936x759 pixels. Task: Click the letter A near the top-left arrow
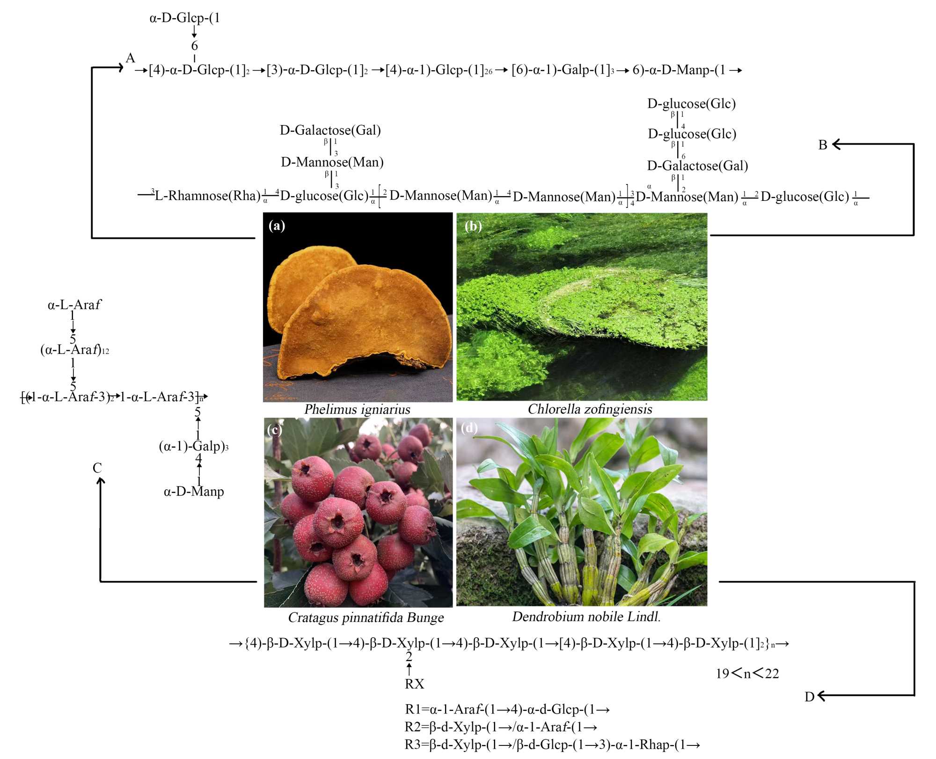pos(130,58)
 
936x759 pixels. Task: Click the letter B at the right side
pos(822,145)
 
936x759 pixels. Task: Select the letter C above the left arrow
pos(97,468)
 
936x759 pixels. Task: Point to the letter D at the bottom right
pos(809,697)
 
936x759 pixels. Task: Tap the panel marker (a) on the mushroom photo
pos(277,226)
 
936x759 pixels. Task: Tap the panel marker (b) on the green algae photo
pos(473,226)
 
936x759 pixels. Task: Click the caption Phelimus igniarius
pos(357,409)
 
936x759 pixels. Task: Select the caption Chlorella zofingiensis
pos(590,409)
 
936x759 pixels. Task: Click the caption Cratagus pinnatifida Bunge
pos(366,618)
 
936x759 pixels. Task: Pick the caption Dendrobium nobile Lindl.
pos(586,617)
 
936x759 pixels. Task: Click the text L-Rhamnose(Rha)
pos(207,196)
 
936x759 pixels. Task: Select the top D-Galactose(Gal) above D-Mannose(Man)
pos(330,130)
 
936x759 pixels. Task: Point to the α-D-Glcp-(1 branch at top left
pos(184,18)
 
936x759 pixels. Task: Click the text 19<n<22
pos(747,674)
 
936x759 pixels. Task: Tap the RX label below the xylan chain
pos(414,684)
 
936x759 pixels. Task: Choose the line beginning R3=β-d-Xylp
pos(552,744)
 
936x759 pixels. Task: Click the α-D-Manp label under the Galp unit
pos(194,492)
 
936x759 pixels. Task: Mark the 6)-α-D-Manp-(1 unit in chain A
pos(679,70)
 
